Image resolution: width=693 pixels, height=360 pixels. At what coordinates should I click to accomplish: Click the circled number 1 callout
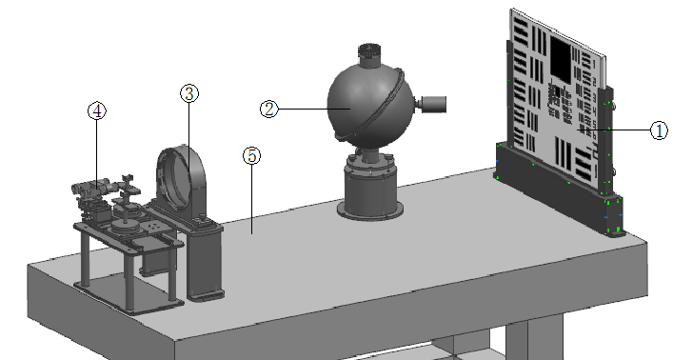pyautogui.click(x=659, y=130)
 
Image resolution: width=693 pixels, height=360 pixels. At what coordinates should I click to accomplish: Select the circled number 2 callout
pyautogui.click(x=269, y=109)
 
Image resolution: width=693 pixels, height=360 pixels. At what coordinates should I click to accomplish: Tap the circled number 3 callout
pyautogui.click(x=189, y=93)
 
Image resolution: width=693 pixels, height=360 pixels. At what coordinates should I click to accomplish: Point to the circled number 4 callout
pyautogui.click(x=97, y=110)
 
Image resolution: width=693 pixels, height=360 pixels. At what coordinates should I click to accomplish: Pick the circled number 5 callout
pyautogui.click(x=251, y=155)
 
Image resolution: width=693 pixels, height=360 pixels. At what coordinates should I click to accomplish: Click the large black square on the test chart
pyautogui.click(x=561, y=58)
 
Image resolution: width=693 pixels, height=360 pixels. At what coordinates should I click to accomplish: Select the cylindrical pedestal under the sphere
pyautogui.click(x=370, y=188)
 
